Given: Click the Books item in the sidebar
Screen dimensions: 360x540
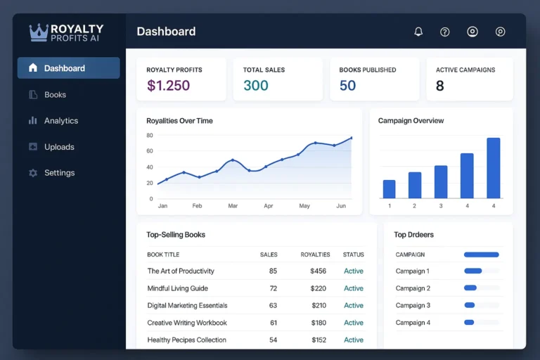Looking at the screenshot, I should point(55,94).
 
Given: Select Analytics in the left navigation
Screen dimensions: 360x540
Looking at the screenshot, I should point(60,120).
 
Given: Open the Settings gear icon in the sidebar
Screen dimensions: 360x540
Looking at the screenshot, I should point(32,173).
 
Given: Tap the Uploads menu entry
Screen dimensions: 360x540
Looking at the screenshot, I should point(59,147).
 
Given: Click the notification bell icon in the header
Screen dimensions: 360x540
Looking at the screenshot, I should point(418,32).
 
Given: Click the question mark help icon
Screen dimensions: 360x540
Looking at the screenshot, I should point(444,32).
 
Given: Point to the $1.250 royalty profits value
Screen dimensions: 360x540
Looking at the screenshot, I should point(168,86).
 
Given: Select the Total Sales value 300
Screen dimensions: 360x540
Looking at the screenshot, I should point(256,86).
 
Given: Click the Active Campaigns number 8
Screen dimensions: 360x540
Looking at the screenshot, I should point(440,86).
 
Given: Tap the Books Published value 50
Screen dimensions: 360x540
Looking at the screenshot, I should point(347,86).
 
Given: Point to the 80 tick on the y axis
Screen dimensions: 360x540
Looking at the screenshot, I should point(150,135).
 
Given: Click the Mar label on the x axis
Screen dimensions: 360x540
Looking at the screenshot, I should point(233,206).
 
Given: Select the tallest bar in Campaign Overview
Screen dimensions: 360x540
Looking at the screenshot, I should point(494,168).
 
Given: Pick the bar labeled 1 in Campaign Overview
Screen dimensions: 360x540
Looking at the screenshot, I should point(389,189).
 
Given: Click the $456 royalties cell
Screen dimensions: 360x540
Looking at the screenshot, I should point(318,271).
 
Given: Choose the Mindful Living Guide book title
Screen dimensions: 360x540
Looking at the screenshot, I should point(177,288).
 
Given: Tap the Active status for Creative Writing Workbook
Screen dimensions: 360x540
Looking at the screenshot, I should point(353,323).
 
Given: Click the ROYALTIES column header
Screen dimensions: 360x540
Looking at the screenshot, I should point(315,255).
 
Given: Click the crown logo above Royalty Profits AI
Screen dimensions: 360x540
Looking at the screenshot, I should point(39,32).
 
